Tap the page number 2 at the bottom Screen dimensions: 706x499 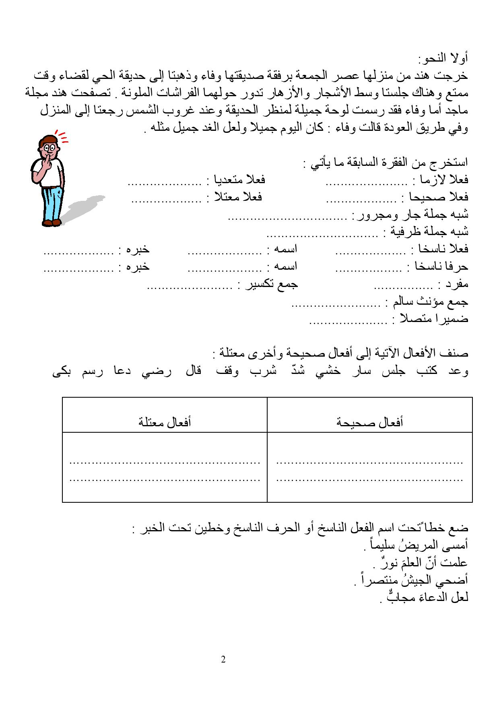click(223, 659)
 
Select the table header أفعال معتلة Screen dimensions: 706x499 click(165, 422)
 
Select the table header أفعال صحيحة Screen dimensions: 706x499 click(369, 422)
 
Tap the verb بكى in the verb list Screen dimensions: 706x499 click(62, 371)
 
